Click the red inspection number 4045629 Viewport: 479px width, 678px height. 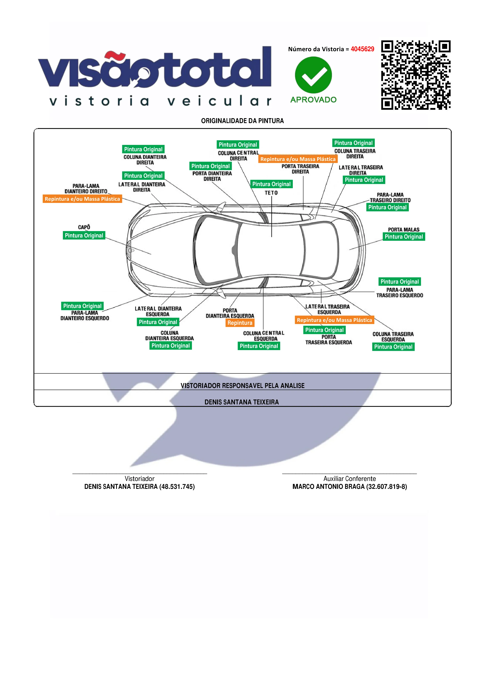[362, 49]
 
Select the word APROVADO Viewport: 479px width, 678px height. [313, 100]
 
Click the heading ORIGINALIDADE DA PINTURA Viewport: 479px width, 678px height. [242, 121]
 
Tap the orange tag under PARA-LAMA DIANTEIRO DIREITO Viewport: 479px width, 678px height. [82, 199]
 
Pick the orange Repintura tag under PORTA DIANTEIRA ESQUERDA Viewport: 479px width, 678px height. [240, 323]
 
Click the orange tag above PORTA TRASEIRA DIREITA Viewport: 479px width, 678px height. [298, 159]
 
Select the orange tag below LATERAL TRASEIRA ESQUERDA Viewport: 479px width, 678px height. [334, 320]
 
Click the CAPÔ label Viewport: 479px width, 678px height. [84, 227]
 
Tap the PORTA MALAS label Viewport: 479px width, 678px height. [403, 229]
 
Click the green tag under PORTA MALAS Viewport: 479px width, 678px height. [404, 236]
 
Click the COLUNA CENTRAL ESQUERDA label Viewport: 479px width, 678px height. [264, 336]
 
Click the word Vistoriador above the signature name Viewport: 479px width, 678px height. [140, 479]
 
